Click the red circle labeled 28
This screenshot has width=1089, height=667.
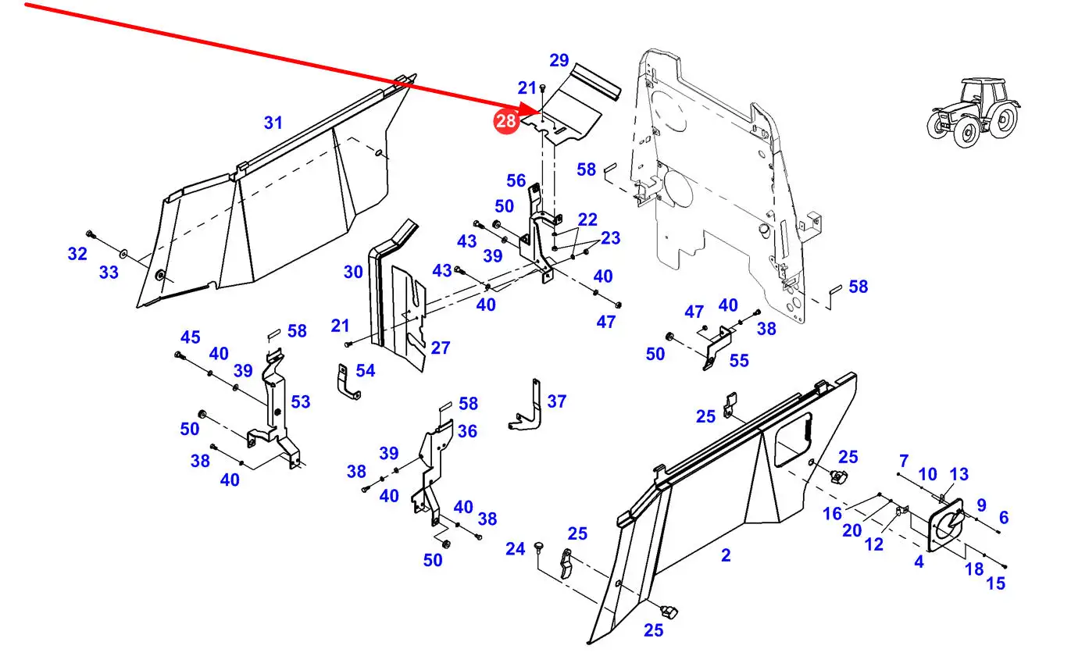click(505, 120)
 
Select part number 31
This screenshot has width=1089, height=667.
click(273, 123)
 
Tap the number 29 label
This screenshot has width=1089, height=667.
click(559, 60)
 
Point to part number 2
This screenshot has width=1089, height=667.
click(726, 555)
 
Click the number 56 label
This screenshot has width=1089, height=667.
click(516, 181)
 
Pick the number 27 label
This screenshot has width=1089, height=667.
click(441, 348)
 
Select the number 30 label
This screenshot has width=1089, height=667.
click(353, 272)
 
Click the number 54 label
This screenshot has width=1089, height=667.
click(366, 371)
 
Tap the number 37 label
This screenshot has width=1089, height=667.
click(556, 401)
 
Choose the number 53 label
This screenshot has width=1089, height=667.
click(301, 401)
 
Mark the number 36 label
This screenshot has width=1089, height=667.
click(467, 430)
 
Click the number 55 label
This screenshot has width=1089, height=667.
click(739, 360)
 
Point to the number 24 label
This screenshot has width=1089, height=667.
click(515, 550)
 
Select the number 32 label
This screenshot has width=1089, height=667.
click(77, 254)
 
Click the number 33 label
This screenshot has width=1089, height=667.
click(109, 273)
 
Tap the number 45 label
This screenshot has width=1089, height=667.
click(191, 337)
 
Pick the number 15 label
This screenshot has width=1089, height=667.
click(996, 583)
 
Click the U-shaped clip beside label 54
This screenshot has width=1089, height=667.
click(346, 382)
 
